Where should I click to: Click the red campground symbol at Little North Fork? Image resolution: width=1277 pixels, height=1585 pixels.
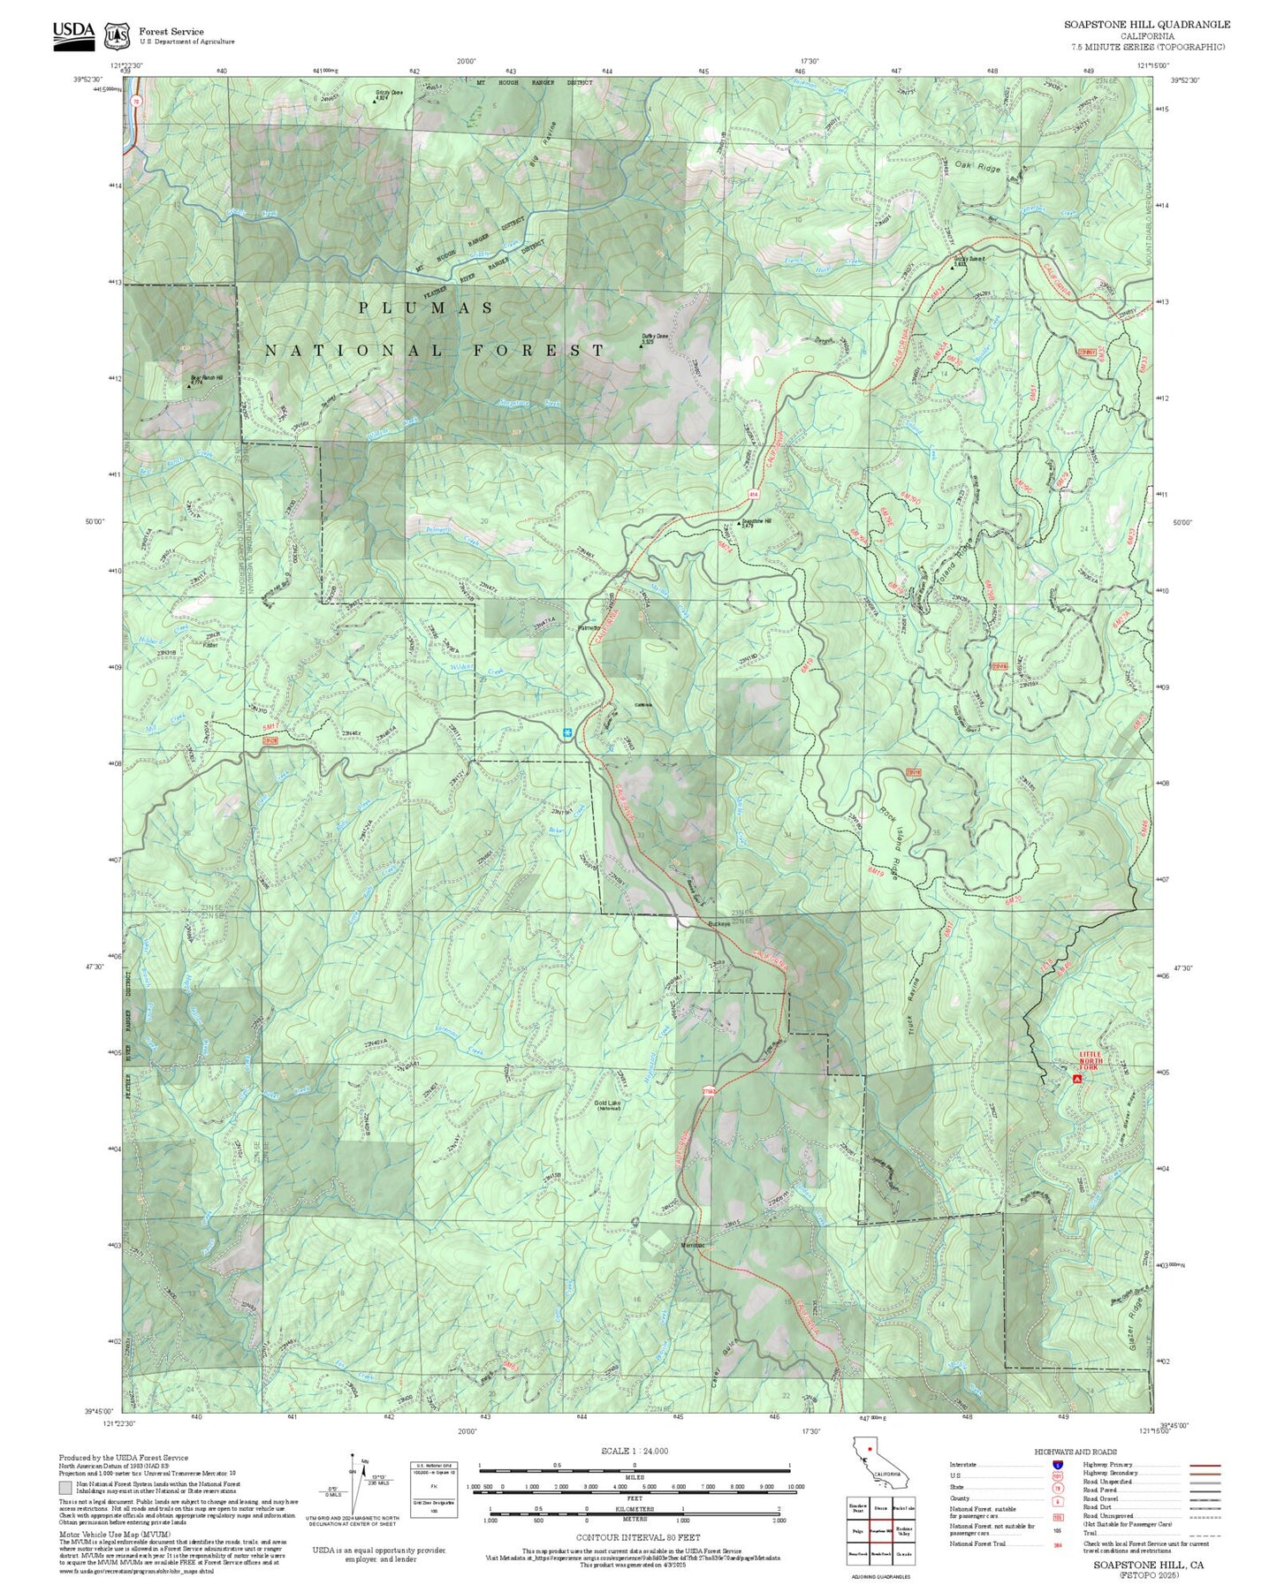click(1076, 1079)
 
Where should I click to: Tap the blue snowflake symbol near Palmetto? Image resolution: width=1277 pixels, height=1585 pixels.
click(566, 732)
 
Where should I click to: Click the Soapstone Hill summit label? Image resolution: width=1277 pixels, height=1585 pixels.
click(756, 522)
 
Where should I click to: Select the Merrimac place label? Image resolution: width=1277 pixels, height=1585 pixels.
click(693, 1245)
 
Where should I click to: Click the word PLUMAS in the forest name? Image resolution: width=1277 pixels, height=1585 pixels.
click(426, 307)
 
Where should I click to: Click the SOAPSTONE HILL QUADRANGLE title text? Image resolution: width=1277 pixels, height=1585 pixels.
click(1146, 25)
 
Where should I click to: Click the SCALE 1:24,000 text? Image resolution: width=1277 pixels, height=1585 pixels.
click(634, 1451)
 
